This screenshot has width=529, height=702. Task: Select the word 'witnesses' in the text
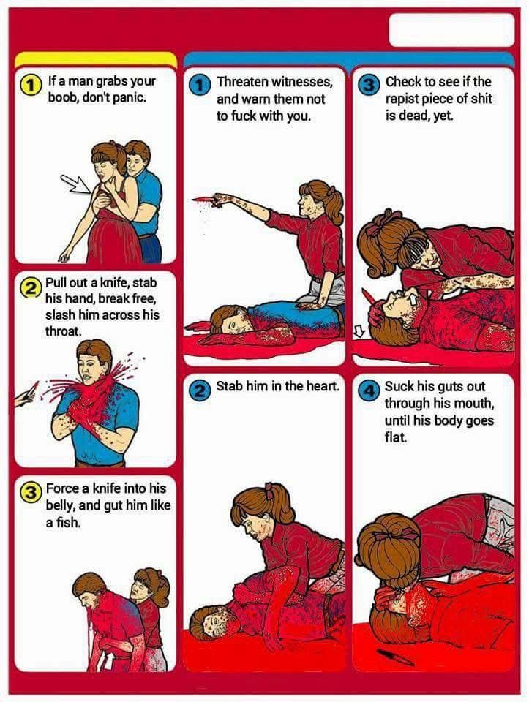point(300,83)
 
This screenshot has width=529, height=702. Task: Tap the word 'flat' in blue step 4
point(396,437)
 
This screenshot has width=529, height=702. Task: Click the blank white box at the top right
point(451,30)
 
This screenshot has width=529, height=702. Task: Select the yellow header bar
point(95,60)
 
